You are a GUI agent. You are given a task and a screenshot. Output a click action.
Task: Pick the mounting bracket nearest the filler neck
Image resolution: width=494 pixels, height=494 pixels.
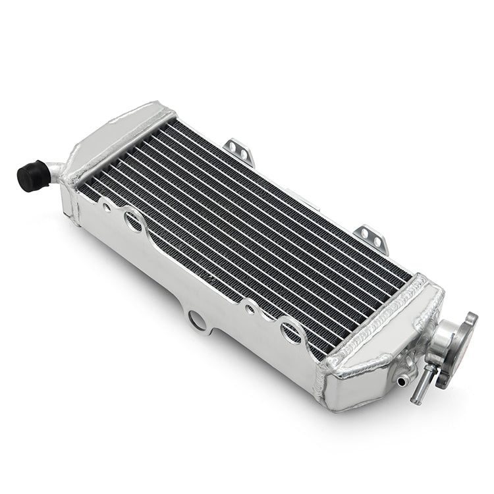(371, 238)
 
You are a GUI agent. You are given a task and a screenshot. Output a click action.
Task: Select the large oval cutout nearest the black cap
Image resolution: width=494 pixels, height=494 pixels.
(134, 221)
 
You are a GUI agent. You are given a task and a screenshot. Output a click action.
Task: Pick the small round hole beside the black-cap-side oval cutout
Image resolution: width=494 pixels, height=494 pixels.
(106, 207)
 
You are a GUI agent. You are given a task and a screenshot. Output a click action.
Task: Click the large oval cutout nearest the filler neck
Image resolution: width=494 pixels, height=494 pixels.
(290, 329)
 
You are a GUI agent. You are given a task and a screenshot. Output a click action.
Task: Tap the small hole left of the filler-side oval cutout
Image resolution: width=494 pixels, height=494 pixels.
(250, 307)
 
